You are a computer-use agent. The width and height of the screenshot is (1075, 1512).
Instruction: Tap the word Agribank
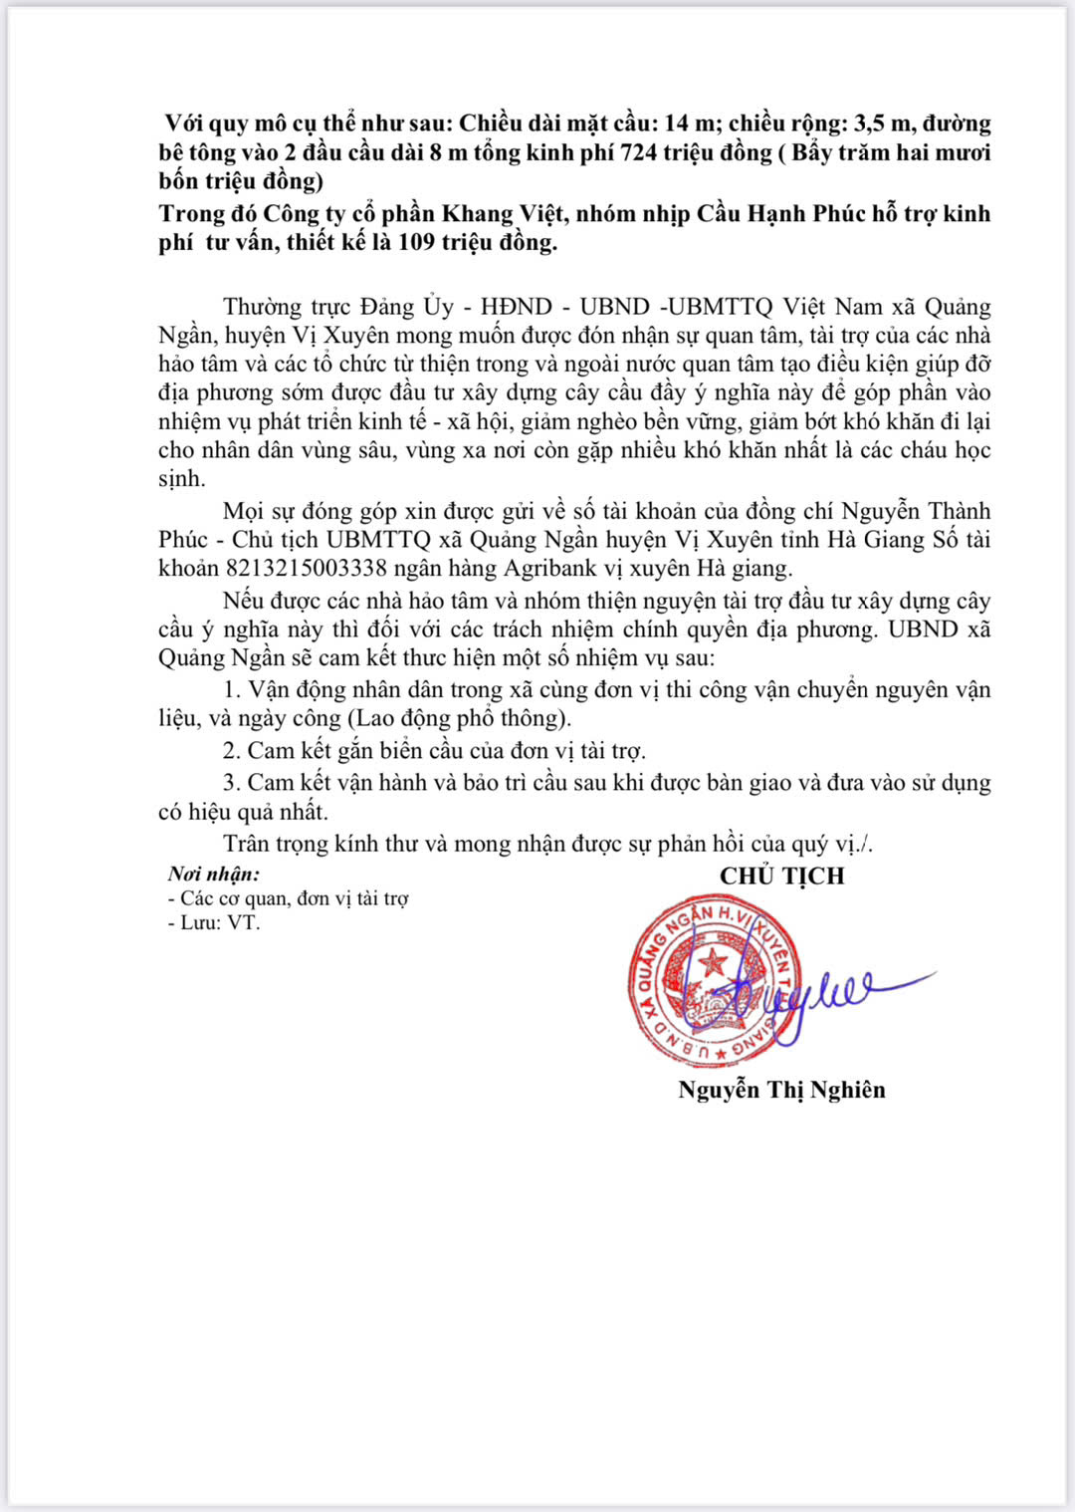coord(548,569)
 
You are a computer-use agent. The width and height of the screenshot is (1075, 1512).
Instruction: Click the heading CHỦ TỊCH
coord(781,877)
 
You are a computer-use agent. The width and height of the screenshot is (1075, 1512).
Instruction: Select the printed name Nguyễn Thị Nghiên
coord(781,1090)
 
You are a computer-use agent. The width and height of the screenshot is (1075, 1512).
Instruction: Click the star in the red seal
coord(712,962)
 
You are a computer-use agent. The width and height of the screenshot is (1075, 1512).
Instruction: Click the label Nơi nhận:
coord(213,875)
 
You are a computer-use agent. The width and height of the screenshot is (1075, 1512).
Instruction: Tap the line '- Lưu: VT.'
coord(214,923)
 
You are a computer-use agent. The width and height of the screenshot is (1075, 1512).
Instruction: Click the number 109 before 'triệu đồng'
coord(417,242)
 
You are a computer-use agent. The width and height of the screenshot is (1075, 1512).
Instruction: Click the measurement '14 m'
coord(689,124)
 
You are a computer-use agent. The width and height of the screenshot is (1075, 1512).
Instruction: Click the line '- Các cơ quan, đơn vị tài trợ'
coord(289,899)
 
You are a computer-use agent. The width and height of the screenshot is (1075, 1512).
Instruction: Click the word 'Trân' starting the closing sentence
coord(249,844)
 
